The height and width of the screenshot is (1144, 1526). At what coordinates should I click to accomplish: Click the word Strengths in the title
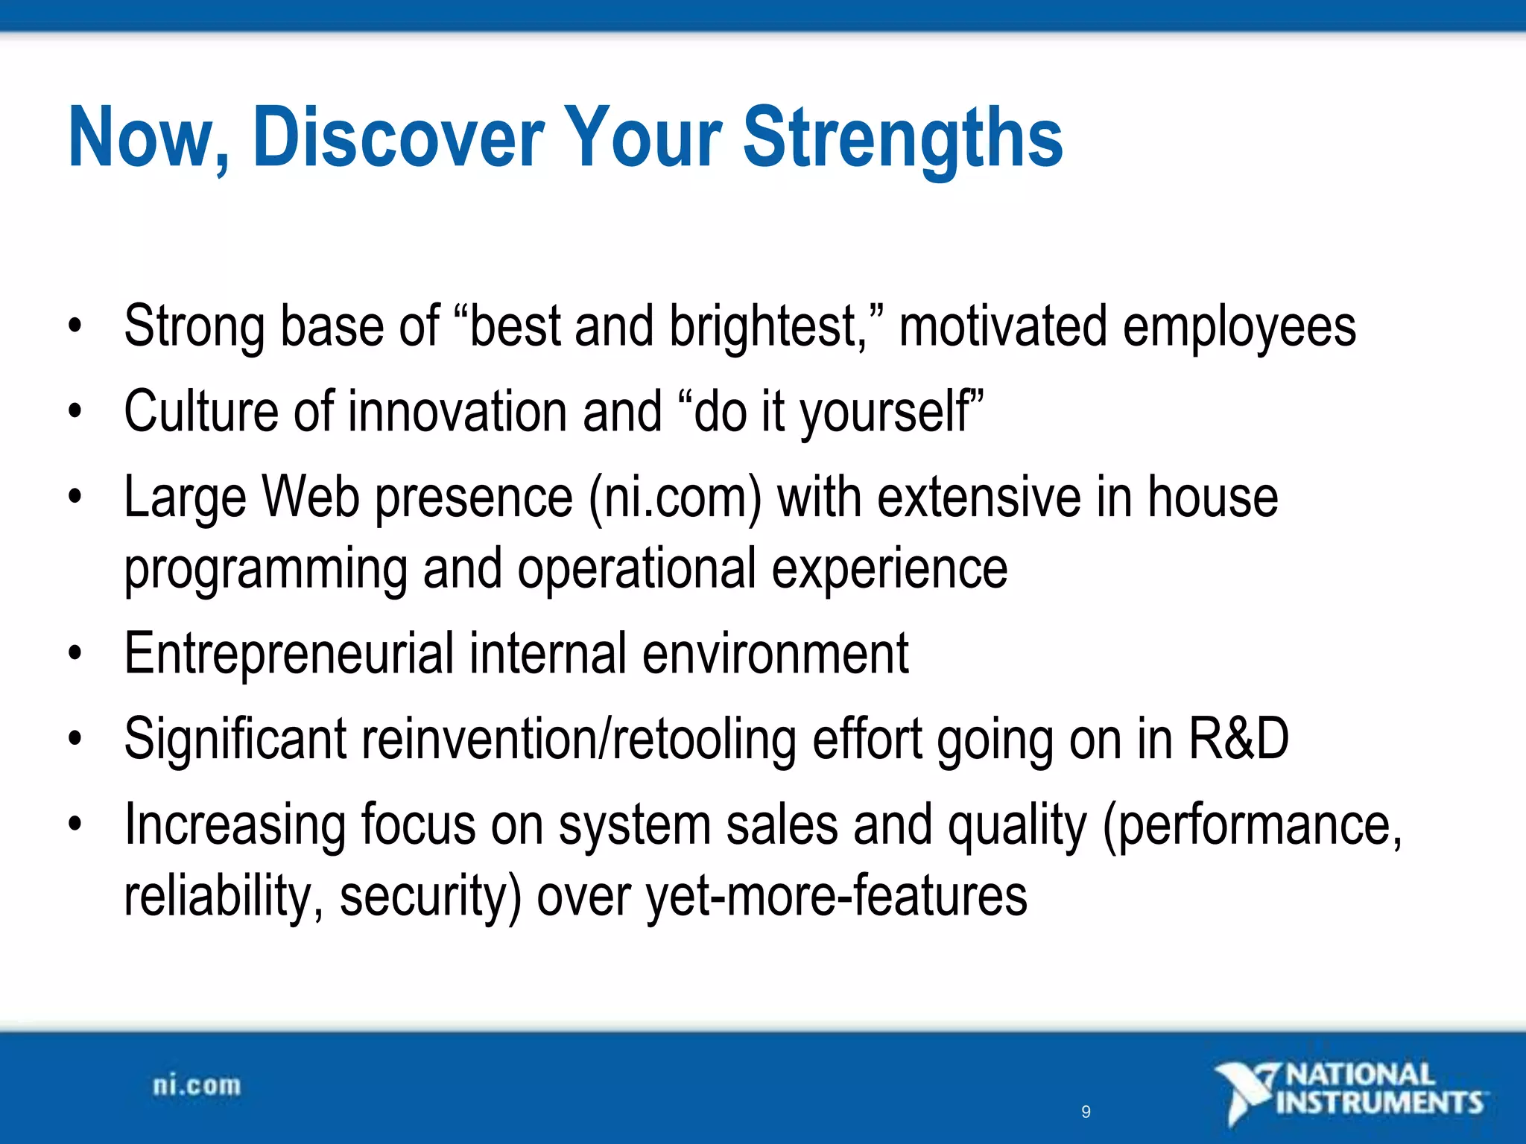pyautogui.click(x=902, y=138)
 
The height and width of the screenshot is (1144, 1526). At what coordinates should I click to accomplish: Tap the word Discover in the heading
pyautogui.click(x=399, y=138)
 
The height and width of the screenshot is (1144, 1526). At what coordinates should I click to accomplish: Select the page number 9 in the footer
pyautogui.click(x=1086, y=1112)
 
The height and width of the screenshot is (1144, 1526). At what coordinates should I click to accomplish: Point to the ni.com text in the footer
pyautogui.click(x=197, y=1086)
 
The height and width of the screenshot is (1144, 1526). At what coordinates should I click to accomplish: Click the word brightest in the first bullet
pyautogui.click(x=767, y=328)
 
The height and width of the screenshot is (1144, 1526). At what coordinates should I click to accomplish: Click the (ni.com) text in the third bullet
pyautogui.click(x=675, y=498)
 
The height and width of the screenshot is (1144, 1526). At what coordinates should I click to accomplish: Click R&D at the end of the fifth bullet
pyautogui.click(x=1238, y=739)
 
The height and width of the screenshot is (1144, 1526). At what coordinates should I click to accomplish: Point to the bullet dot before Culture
pyautogui.click(x=74, y=412)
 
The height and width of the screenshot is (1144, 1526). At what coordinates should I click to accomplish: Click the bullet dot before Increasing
pyautogui.click(x=74, y=824)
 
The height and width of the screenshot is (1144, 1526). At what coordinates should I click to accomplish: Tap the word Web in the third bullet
pyautogui.click(x=311, y=498)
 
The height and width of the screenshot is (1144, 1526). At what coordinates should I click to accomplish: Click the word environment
pyautogui.click(x=775, y=654)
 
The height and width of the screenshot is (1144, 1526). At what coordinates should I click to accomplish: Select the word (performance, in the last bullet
pyautogui.click(x=1252, y=825)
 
